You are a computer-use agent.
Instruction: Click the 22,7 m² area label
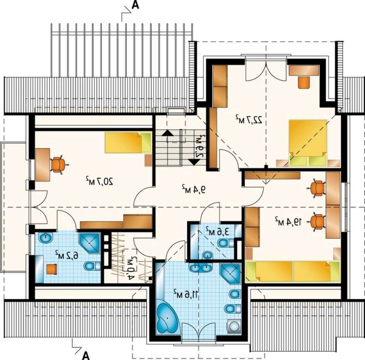(x=249, y=119)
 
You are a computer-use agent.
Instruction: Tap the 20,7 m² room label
(x=99, y=181)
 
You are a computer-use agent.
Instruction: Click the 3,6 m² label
(x=217, y=231)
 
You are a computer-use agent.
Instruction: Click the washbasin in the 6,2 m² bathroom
(x=46, y=237)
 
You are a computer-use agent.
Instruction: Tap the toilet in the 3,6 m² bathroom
(x=225, y=244)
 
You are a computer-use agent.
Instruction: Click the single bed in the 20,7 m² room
(x=128, y=143)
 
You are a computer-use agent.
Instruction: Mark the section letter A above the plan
(x=135, y=5)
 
